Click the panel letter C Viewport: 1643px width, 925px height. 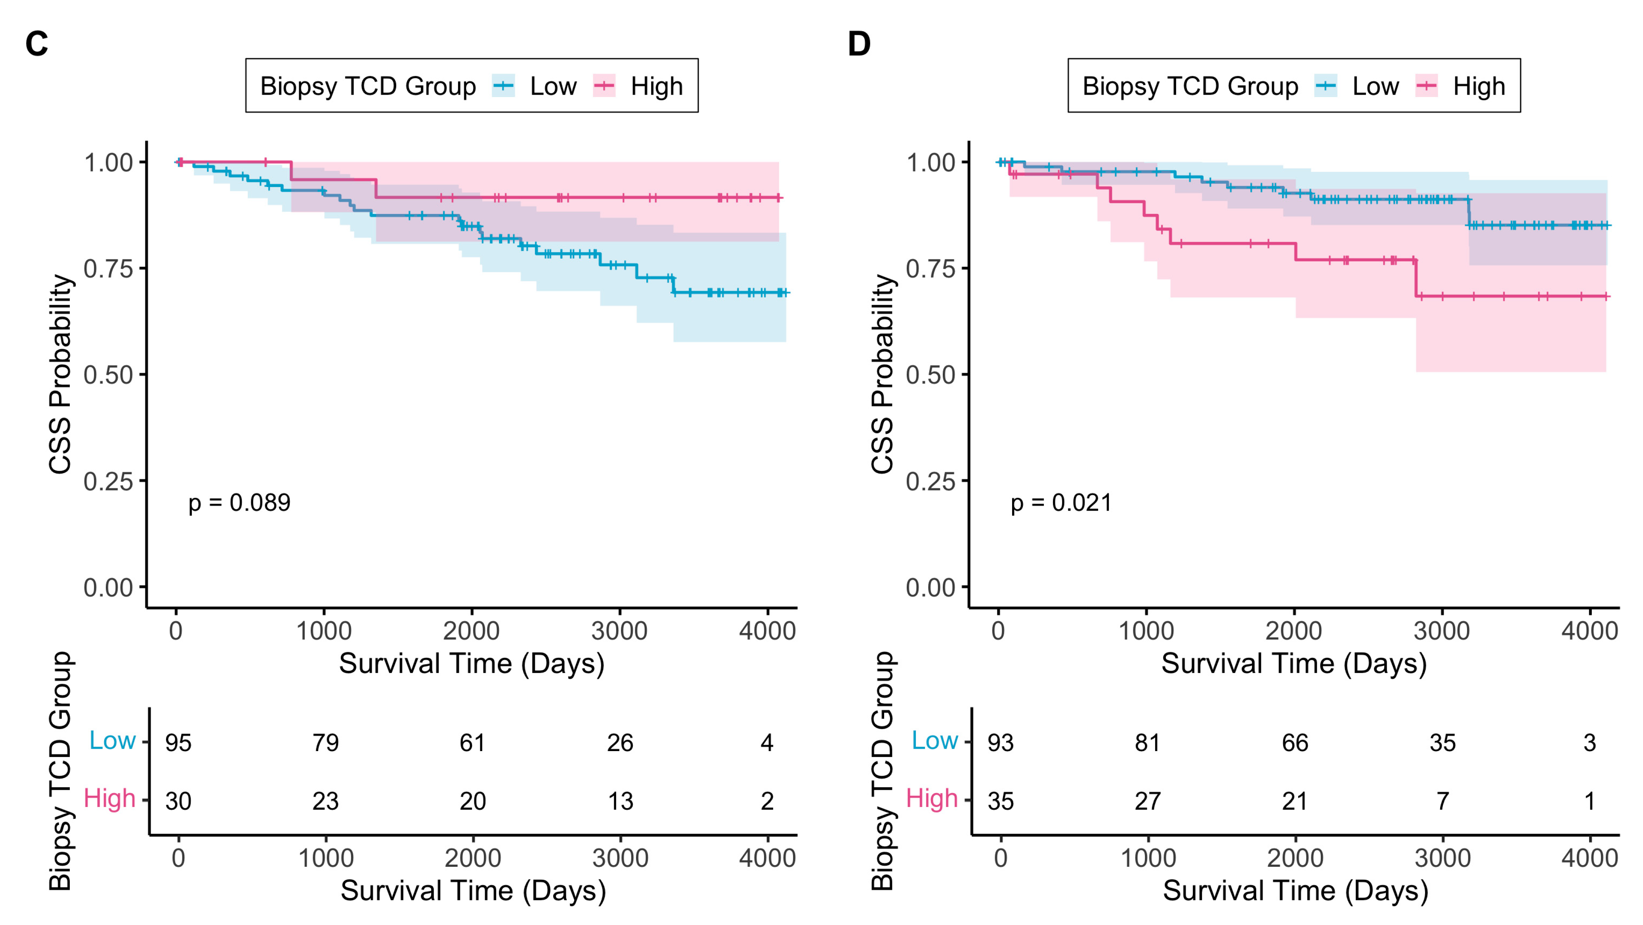click(x=36, y=44)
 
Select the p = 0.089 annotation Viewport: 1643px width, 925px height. click(x=239, y=503)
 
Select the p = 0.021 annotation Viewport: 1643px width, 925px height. click(x=1061, y=503)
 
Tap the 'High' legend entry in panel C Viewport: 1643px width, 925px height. click(x=656, y=86)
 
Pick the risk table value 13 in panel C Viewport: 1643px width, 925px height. click(x=620, y=801)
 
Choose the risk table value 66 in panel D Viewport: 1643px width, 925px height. click(x=1295, y=743)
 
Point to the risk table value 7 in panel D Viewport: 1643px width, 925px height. click(x=1442, y=801)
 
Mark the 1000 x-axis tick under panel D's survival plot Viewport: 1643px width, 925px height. click(x=1146, y=631)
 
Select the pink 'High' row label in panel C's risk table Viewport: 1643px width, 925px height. click(x=110, y=798)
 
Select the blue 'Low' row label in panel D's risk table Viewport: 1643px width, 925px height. click(x=934, y=740)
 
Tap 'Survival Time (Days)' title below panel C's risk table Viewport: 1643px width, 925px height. click(x=473, y=891)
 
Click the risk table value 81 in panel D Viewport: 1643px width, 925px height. click(x=1147, y=743)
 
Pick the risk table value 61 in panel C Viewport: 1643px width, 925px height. click(x=473, y=743)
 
